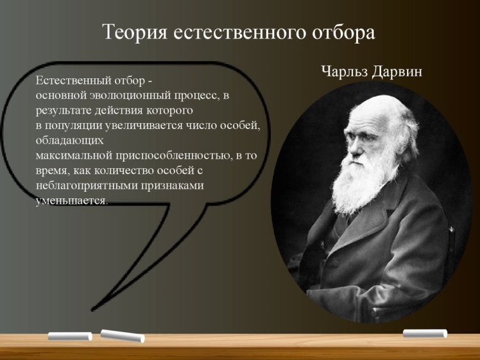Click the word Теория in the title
[x=135, y=32]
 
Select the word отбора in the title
[x=343, y=32]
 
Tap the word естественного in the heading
[x=240, y=32]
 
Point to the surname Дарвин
[x=397, y=72]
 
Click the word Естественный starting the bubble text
[x=73, y=80]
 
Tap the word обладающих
[x=70, y=141]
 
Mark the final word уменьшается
[x=72, y=201]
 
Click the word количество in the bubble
[x=124, y=171]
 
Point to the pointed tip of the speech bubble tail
[x=92, y=310]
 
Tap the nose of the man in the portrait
[x=352, y=148]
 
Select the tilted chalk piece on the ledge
[x=123, y=336]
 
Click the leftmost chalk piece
[x=70, y=336]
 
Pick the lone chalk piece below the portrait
[x=425, y=333]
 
